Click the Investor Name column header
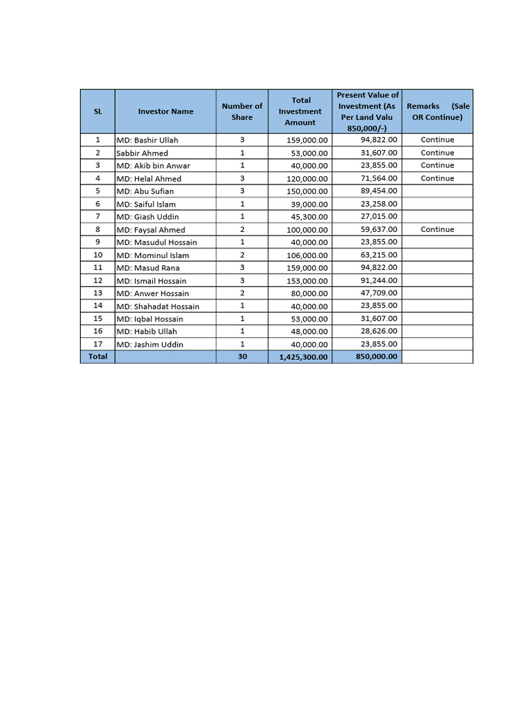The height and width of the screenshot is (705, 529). pos(165,112)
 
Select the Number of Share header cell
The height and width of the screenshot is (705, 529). pos(242,112)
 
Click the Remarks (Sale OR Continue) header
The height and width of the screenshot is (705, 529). pos(437,112)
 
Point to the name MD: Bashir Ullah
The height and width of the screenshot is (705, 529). pos(147,140)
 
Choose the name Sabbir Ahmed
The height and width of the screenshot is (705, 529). pos(142,153)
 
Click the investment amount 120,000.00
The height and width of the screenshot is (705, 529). pos(307,178)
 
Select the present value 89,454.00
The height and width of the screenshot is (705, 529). pos(378,191)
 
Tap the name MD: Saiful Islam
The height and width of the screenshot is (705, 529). pos(146,204)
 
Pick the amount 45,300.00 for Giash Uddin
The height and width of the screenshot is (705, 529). pos(309,217)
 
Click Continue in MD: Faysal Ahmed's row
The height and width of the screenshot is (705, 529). pos(437,229)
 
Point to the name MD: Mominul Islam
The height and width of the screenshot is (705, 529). pos(152,255)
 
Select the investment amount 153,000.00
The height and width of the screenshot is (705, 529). pos(307,281)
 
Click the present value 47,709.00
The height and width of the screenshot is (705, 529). pos(378,293)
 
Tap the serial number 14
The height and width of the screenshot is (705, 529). pos(98,306)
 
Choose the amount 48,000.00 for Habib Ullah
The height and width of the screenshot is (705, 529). pos(309,331)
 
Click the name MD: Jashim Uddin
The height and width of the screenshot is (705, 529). pos(149,344)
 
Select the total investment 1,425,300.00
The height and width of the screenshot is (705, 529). pos(303,357)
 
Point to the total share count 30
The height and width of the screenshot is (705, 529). pos(242,357)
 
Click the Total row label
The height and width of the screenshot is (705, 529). pos(98,357)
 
